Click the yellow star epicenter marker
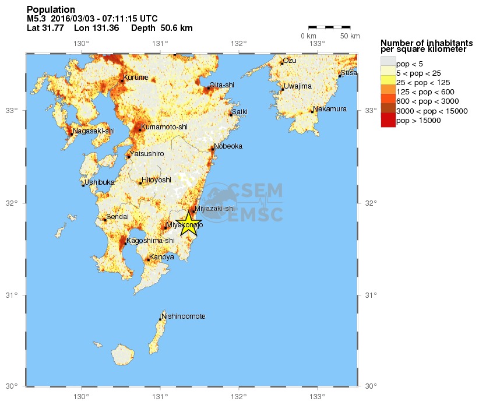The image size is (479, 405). click(x=189, y=224)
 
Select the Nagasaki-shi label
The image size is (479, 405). click(x=94, y=131)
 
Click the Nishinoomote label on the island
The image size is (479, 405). click(x=184, y=316)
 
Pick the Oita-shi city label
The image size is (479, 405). click(x=221, y=85)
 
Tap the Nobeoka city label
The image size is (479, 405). click(x=228, y=146)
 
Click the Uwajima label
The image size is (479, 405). click(x=298, y=86)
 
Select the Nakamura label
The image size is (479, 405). click(x=330, y=109)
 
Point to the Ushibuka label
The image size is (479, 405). click(x=100, y=182)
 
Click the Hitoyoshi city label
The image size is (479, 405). click(x=157, y=180)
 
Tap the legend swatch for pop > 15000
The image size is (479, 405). click(x=388, y=121)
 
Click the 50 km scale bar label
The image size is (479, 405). click(x=350, y=36)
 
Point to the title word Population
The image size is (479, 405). click(x=51, y=9)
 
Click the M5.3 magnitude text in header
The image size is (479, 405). click(x=36, y=19)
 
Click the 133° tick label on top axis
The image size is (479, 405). click(x=317, y=43)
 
